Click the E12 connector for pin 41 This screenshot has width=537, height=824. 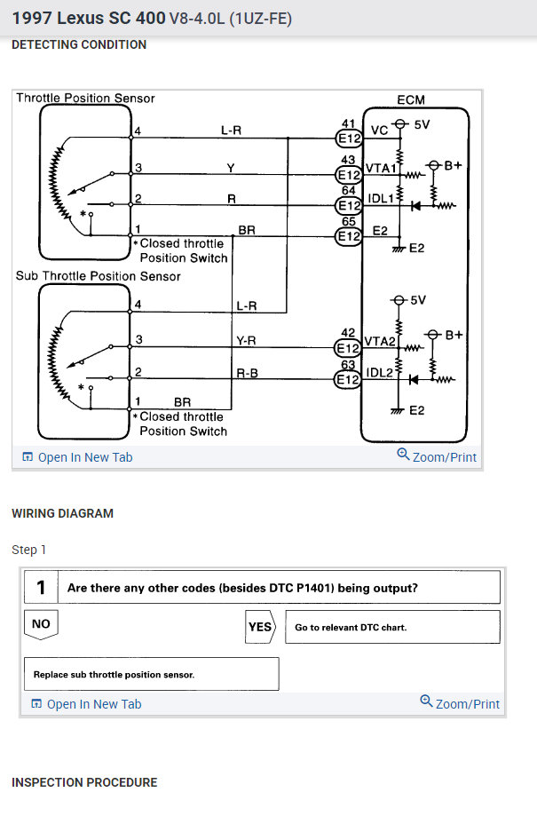point(348,139)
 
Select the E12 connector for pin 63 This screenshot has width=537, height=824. point(348,379)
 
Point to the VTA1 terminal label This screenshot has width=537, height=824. point(379,167)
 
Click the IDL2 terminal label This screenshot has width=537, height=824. point(380,372)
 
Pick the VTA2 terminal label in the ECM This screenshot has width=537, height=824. point(379,341)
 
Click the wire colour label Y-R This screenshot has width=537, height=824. point(247,340)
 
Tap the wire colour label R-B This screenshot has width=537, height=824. point(247,373)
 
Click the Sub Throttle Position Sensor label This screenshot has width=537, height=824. point(98,276)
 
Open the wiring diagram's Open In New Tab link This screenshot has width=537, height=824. point(77,457)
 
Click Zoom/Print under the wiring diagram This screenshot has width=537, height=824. point(437,457)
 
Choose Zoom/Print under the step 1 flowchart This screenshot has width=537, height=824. point(460,704)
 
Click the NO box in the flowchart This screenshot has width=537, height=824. point(41,624)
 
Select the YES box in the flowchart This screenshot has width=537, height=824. point(260,627)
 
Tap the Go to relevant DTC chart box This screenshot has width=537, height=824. point(391,627)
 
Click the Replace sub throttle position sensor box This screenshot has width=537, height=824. point(149,674)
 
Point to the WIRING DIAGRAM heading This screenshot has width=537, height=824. point(62,513)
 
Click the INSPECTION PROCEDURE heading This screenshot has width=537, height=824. point(84,782)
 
